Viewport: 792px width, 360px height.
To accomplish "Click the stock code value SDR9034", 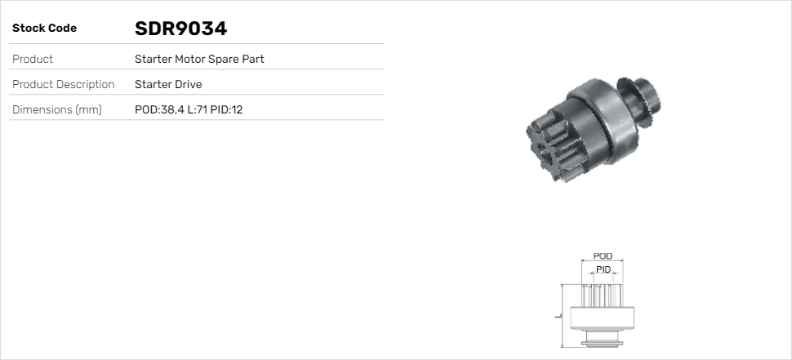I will (x=180, y=29).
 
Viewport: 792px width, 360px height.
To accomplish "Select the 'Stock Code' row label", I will (x=45, y=29).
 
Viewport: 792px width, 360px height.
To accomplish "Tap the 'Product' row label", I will (x=33, y=59).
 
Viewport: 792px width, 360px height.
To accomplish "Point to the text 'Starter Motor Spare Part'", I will (x=199, y=59).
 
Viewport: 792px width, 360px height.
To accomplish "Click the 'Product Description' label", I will (x=64, y=84).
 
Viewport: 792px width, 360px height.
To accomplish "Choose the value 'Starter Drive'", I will (x=168, y=84).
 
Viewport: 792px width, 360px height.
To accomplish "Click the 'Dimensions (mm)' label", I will (x=57, y=109).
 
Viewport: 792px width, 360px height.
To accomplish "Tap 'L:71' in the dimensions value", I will (x=197, y=109).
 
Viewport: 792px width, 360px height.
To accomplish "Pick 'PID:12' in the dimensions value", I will (x=226, y=109).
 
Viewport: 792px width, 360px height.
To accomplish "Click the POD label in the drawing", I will (x=603, y=256).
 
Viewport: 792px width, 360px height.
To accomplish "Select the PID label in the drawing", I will (x=603, y=269).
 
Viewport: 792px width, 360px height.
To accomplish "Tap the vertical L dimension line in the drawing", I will (x=562, y=315).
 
